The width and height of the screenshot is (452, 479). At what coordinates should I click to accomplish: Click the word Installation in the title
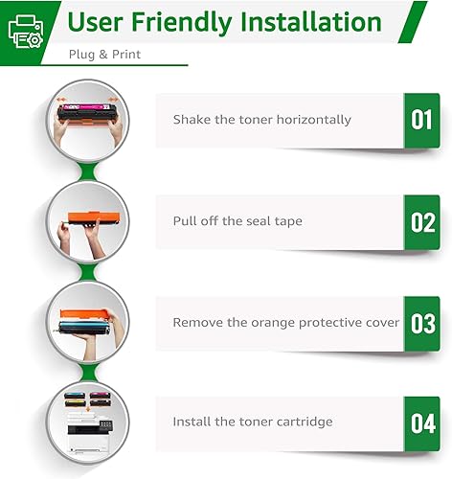301,21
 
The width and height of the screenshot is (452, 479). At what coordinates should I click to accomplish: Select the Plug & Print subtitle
104,55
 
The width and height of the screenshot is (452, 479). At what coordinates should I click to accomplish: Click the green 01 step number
421,120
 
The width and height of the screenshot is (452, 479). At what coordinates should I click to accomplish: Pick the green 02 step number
421,221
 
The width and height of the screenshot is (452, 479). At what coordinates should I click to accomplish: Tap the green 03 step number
421,323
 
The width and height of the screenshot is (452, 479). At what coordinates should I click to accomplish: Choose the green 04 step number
421,422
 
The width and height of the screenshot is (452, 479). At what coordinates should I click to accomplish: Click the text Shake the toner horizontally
261,120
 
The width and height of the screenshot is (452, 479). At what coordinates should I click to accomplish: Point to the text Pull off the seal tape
237,221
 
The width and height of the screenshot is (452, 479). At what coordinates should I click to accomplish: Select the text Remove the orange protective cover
285,323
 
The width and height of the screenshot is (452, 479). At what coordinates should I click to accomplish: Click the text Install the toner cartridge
253,422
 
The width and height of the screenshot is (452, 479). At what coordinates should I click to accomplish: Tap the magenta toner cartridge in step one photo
88,113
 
